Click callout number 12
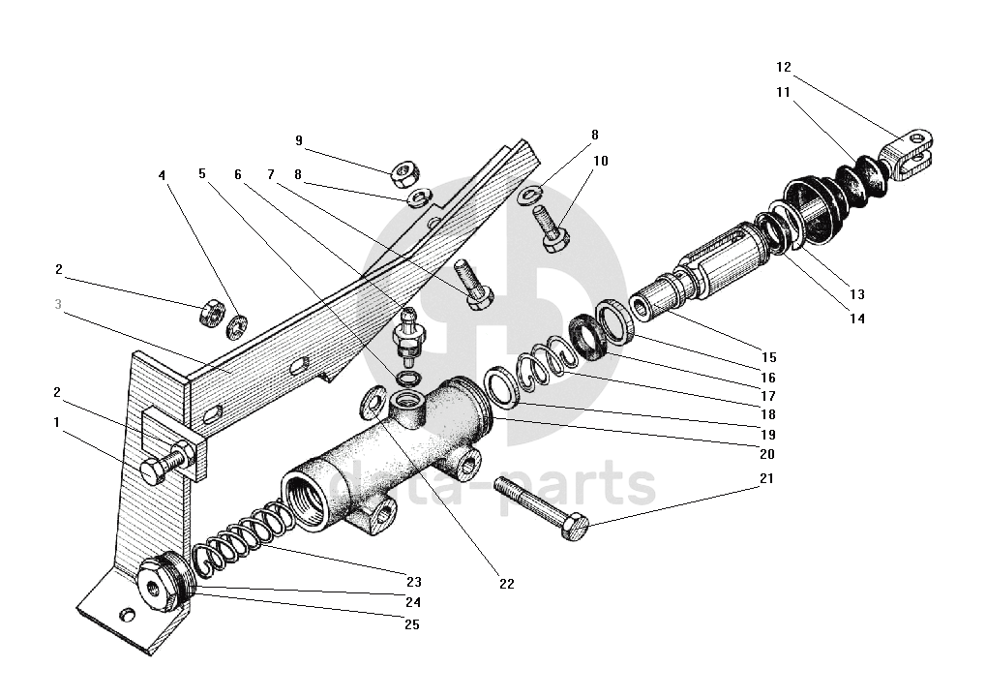[x=784, y=68]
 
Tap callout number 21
[x=766, y=478]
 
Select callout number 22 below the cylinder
[x=507, y=584]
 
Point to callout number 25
[x=411, y=624]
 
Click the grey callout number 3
[x=58, y=304]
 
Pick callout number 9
[x=299, y=140]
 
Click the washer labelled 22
[x=373, y=399]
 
